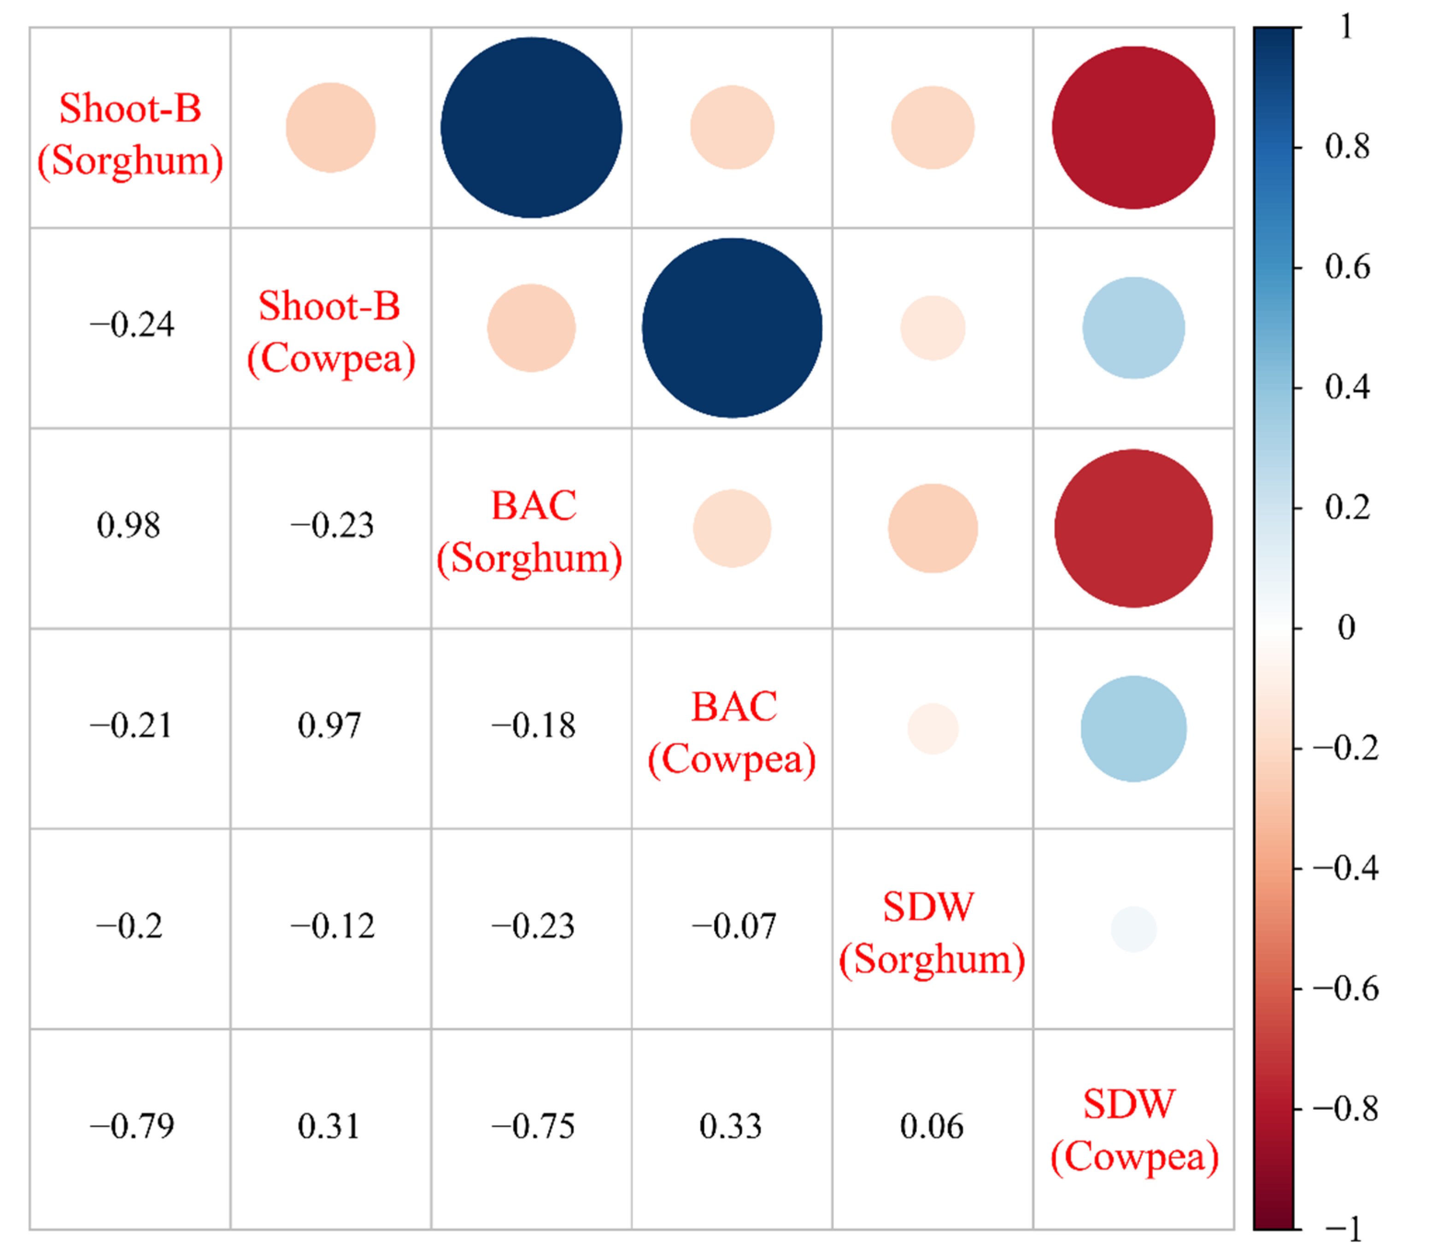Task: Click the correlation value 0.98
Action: pyautogui.click(x=129, y=526)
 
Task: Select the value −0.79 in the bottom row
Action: pyautogui.click(x=131, y=1126)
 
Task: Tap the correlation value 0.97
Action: pyautogui.click(x=329, y=725)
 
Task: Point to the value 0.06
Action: pyautogui.click(x=932, y=1126)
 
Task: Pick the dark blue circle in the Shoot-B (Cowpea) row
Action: pyautogui.click(x=732, y=328)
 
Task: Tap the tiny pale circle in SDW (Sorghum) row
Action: pyautogui.click(x=1133, y=929)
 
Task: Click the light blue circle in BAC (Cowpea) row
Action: pyautogui.click(x=1133, y=729)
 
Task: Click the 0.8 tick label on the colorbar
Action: pyautogui.click(x=1346, y=147)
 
